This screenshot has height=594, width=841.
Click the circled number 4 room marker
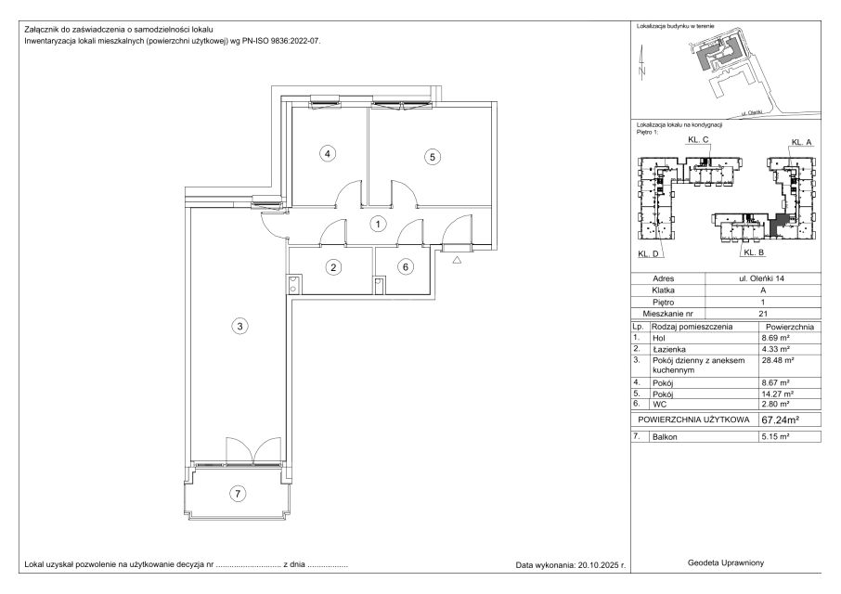coord(327,154)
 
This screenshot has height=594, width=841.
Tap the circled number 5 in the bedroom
coord(433,157)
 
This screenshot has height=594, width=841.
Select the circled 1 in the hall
coord(378,224)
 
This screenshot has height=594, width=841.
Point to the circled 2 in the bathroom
coord(333,267)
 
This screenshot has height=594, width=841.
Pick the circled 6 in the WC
coord(406,267)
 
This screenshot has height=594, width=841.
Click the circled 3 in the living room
coord(239,326)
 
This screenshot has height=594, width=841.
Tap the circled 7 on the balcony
coord(238,493)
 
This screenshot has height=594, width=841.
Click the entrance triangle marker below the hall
coord(457,261)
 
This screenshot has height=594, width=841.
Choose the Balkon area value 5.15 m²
coord(775,436)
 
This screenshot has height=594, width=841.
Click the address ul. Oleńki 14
coord(761,278)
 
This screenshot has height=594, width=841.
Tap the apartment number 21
coord(763,314)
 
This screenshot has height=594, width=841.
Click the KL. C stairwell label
coord(698,139)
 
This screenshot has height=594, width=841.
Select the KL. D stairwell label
coord(648,253)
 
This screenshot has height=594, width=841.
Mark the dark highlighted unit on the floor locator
coord(776,224)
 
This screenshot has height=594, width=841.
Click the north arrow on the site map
coord(642,64)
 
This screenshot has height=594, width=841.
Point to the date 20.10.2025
coord(597,564)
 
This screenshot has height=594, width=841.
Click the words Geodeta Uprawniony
coord(726,562)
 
